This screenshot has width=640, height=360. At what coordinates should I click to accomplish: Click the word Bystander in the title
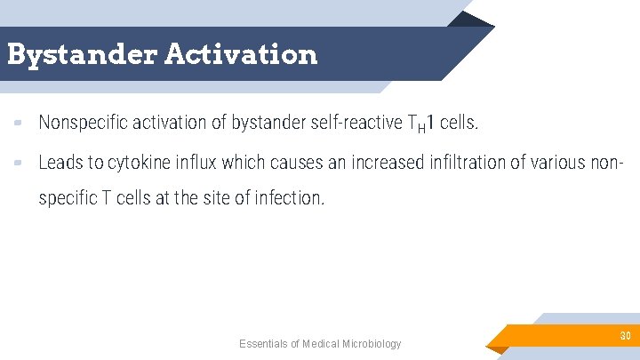(x=81, y=54)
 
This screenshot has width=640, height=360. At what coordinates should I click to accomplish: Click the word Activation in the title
(x=240, y=54)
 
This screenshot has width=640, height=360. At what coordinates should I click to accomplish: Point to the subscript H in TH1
(x=421, y=128)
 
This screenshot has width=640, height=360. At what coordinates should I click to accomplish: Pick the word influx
(x=196, y=163)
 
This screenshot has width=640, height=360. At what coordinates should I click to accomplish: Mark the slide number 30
(x=625, y=335)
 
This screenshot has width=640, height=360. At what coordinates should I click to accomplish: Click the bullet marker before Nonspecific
(x=19, y=124)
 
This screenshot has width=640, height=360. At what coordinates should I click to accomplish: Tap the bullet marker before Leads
(x=19, y=163)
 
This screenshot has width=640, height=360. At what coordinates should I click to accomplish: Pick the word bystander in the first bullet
(x=268, y=123)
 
